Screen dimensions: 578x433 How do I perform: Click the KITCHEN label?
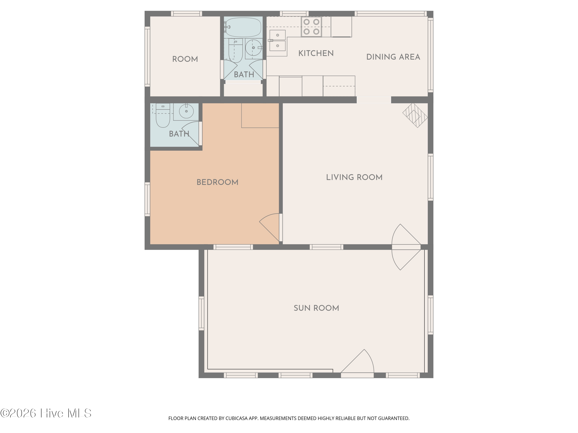pyautogui.click(x=316, y=53)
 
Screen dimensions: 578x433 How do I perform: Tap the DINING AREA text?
pyautogui.click(x=393, y=57)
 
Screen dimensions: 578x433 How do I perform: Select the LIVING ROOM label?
pyautogui.click(x=354, y=177)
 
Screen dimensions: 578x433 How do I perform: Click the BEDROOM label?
pyautogui.click(x=217, y=182)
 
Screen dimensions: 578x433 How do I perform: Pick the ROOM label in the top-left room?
pyautogui.click(x=185, y=59)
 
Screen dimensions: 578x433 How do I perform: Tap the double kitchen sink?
pyautogui.click(x=277, y=40)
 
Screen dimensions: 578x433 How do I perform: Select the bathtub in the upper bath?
pyautogui.click(x=243, y=27)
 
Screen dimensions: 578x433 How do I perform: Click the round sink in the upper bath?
pyautogui.click(x=254, y=48)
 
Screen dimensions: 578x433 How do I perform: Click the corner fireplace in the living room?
pyautogui.click(x=415, y=115)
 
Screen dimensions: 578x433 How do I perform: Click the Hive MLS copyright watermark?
pyautogui.click(x=46, y=413)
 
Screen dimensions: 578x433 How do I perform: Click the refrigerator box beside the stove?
pyautogui.click(x=341, y=27)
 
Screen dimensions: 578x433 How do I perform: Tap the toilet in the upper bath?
pyautogui.click(x=235, y=50)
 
